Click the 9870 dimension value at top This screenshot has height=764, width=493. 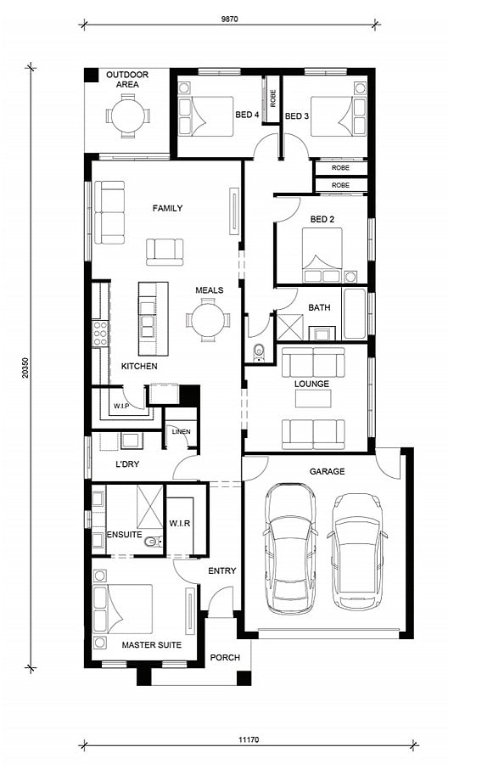(x=229, y=20)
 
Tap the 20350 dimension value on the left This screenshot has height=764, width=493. (x=25, y=368)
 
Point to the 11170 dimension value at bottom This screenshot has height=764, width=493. (x=249, y=739)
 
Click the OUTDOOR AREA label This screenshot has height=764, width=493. (x=127, y=80)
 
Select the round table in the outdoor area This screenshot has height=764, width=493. (x=128, y=116)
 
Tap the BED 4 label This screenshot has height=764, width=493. (x=247, y=115)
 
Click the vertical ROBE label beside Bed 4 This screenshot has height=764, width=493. (x=273, y=98)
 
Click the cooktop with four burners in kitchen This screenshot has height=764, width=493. (x=100, y=334)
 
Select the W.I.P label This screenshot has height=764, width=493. (x=121, y=406)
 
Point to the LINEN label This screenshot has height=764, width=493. (x=182, y=432)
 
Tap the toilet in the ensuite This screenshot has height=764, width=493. (x=154, y=542)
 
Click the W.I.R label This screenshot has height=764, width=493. (x=180, y=523)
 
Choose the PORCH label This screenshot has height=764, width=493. (x=225, y=657)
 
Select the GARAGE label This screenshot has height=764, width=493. (x=327, y=471)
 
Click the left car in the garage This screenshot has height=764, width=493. (x=290, y=548)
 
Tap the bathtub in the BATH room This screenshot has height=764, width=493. (x=354, y=313)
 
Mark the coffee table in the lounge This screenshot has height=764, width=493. (x=313, y=398)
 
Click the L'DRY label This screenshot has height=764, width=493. (x=127, y=463)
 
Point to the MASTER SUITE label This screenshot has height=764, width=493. (x=152, y=644)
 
